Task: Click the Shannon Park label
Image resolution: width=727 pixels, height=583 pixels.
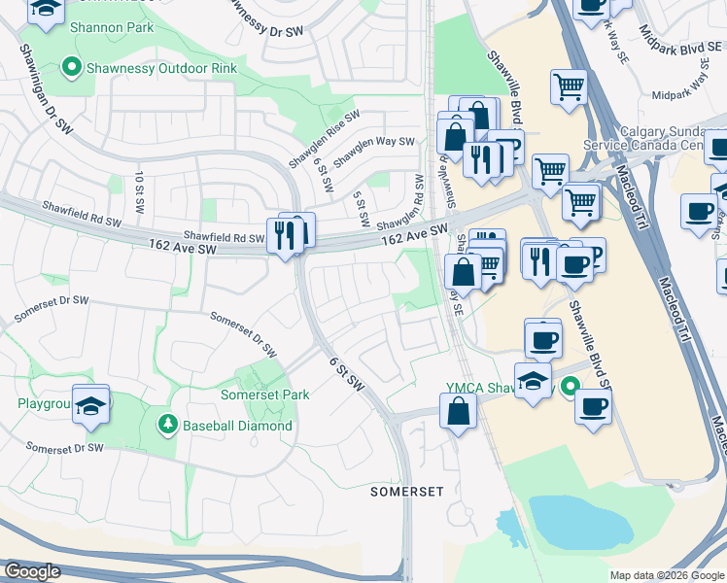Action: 111,27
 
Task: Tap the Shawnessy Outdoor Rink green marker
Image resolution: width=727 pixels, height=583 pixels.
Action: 71,67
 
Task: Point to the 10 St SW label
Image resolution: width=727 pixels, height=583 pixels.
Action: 140,187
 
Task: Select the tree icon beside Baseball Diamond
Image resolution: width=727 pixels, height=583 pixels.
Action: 167,425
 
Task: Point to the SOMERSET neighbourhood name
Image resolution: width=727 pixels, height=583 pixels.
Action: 407,493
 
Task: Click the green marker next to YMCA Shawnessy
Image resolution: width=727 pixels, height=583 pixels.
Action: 567,387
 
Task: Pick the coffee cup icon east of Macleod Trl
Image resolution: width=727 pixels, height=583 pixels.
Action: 698,211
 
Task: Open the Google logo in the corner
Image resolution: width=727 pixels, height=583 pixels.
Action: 31,571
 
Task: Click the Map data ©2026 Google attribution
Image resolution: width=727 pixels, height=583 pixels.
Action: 667,575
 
